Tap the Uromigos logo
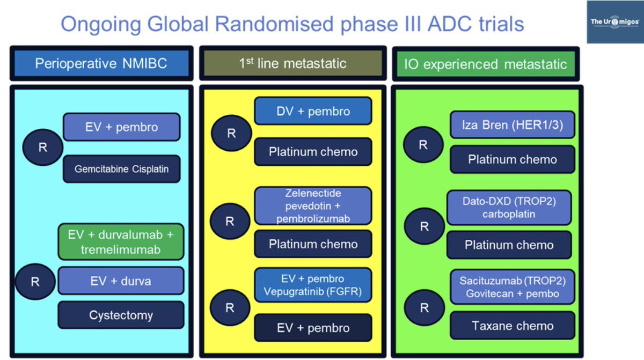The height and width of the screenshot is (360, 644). [614, 22]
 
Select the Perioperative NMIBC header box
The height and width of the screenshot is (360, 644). [101, 63]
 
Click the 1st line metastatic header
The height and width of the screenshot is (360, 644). [292, 63]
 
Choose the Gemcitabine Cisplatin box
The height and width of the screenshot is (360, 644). [121, 169]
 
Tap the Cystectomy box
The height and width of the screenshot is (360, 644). [121, 315]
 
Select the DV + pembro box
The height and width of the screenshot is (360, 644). [313, 112]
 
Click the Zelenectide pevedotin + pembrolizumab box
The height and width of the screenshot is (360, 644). [313, 206]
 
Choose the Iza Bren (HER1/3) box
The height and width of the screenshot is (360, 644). [512, 126]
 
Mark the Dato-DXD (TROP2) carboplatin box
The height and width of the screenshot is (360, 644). [509, 208]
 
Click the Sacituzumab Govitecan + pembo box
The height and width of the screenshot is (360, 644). [512, 286]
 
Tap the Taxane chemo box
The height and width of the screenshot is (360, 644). [512, 326]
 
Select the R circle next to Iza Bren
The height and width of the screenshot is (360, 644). [423, 145]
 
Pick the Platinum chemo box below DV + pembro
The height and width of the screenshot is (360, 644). [313, 152]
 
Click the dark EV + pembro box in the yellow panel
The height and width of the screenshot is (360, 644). [313, 328]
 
